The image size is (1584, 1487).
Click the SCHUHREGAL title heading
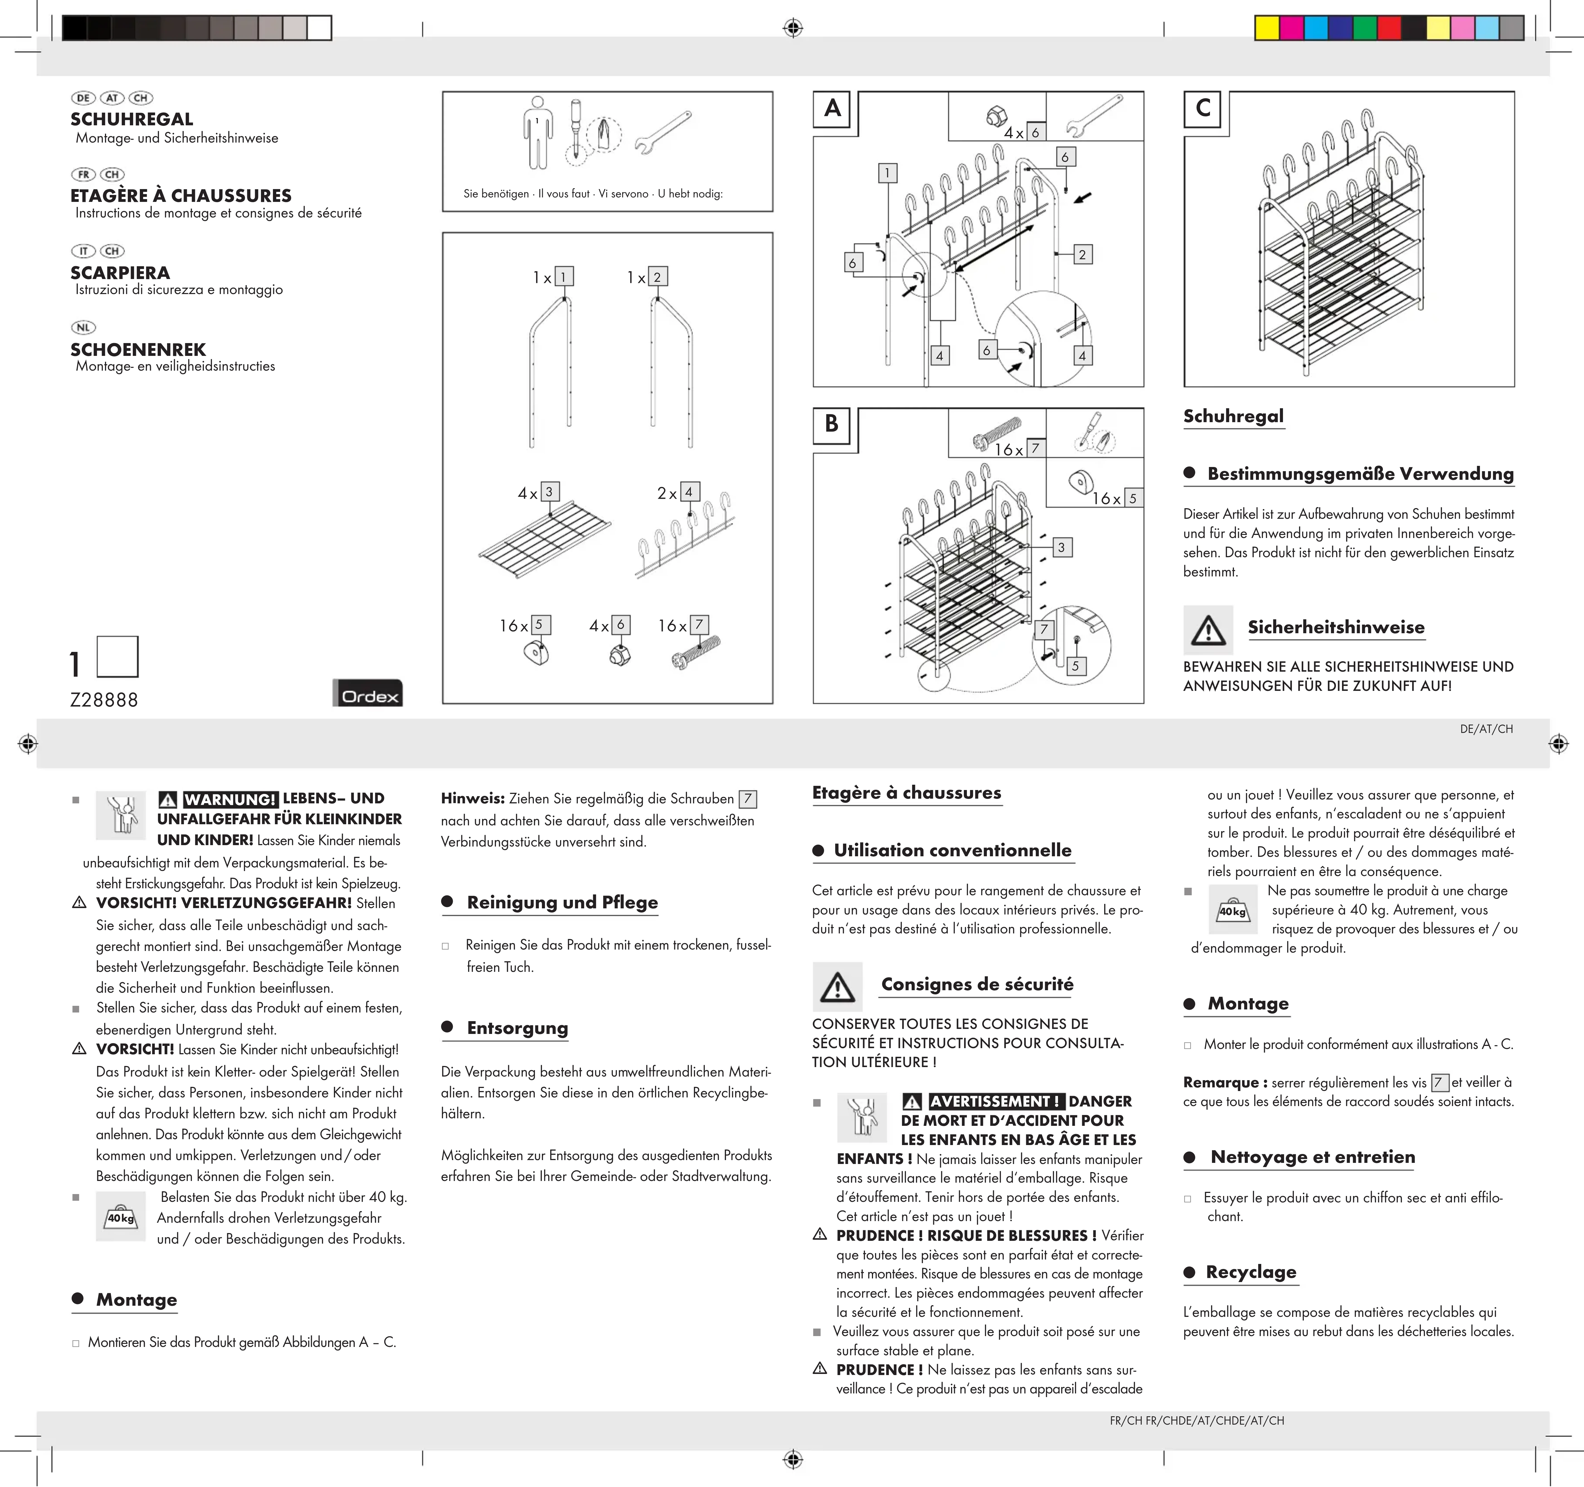click(131, 119)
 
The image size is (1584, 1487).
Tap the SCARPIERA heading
click(119, 273)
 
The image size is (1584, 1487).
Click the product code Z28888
click(104, 700)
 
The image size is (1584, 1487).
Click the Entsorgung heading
click(517, 1028)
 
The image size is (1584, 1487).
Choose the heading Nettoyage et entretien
click(1312, 1157)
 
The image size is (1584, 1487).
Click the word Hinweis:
click(473, 798)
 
